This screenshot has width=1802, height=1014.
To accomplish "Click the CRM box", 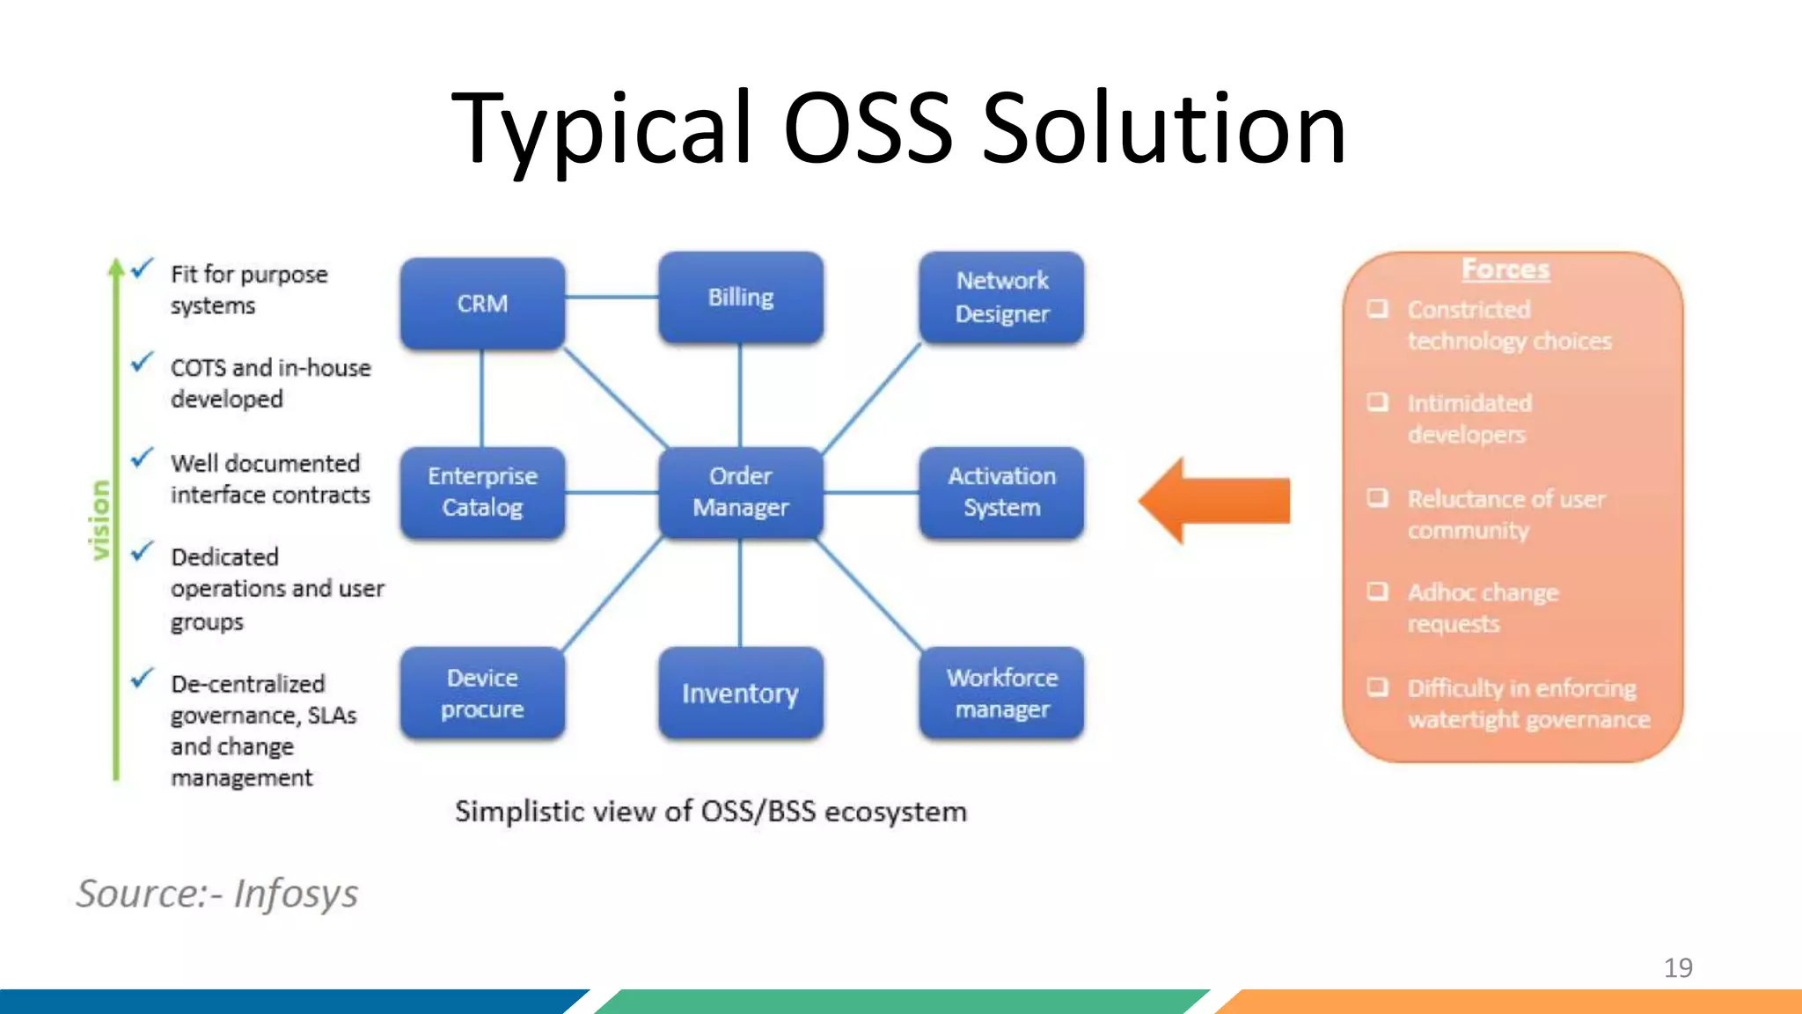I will point(482,303).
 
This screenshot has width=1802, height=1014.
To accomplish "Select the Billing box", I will point(741,298).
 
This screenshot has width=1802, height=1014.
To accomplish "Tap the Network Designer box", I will point(1001,298).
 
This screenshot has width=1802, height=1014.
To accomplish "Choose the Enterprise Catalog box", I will point(482,492).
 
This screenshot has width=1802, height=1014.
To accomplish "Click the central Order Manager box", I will point(741,492).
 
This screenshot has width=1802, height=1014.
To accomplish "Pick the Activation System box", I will point(1001,492).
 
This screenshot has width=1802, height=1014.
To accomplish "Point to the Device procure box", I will point(482,693).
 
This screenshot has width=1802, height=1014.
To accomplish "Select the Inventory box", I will point(741,693).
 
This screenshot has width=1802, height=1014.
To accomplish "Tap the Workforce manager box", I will point(1001,693).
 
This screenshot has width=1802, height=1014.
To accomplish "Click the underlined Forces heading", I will point(1505,269).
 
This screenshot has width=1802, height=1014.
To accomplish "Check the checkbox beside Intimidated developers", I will point(1377,402).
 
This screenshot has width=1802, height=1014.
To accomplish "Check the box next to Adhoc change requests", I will point(1377,591).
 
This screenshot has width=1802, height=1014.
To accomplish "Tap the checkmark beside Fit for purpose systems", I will point(143,268).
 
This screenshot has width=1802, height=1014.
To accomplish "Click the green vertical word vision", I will point(100,519).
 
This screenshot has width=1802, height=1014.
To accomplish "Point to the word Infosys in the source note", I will point(296,893).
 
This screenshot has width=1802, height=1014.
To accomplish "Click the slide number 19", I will point(1677,967).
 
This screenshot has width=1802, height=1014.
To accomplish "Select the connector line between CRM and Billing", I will point(612,298).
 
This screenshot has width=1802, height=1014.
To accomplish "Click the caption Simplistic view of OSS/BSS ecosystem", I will point(710,811).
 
